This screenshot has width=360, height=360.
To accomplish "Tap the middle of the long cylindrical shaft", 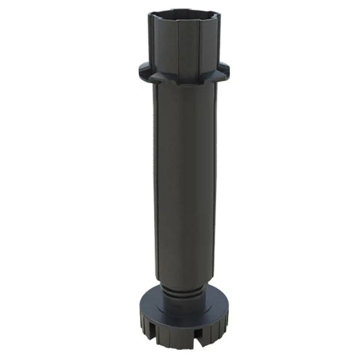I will click(179, 182).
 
